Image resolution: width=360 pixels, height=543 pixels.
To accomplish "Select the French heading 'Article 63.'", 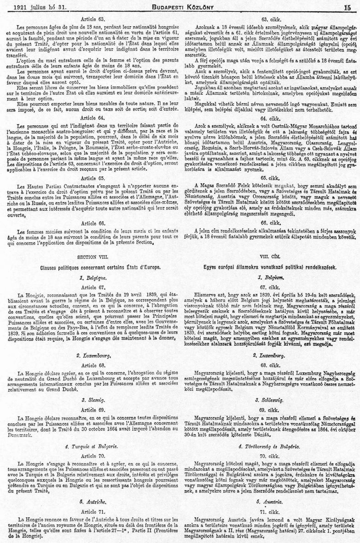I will pyautogui.click(x=93, y=18).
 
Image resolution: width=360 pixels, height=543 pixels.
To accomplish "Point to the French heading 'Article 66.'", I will pyautogui.click(x=93, y=223).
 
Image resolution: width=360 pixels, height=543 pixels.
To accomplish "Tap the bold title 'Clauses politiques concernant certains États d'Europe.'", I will pyautogui.click(x=93, y=267).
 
